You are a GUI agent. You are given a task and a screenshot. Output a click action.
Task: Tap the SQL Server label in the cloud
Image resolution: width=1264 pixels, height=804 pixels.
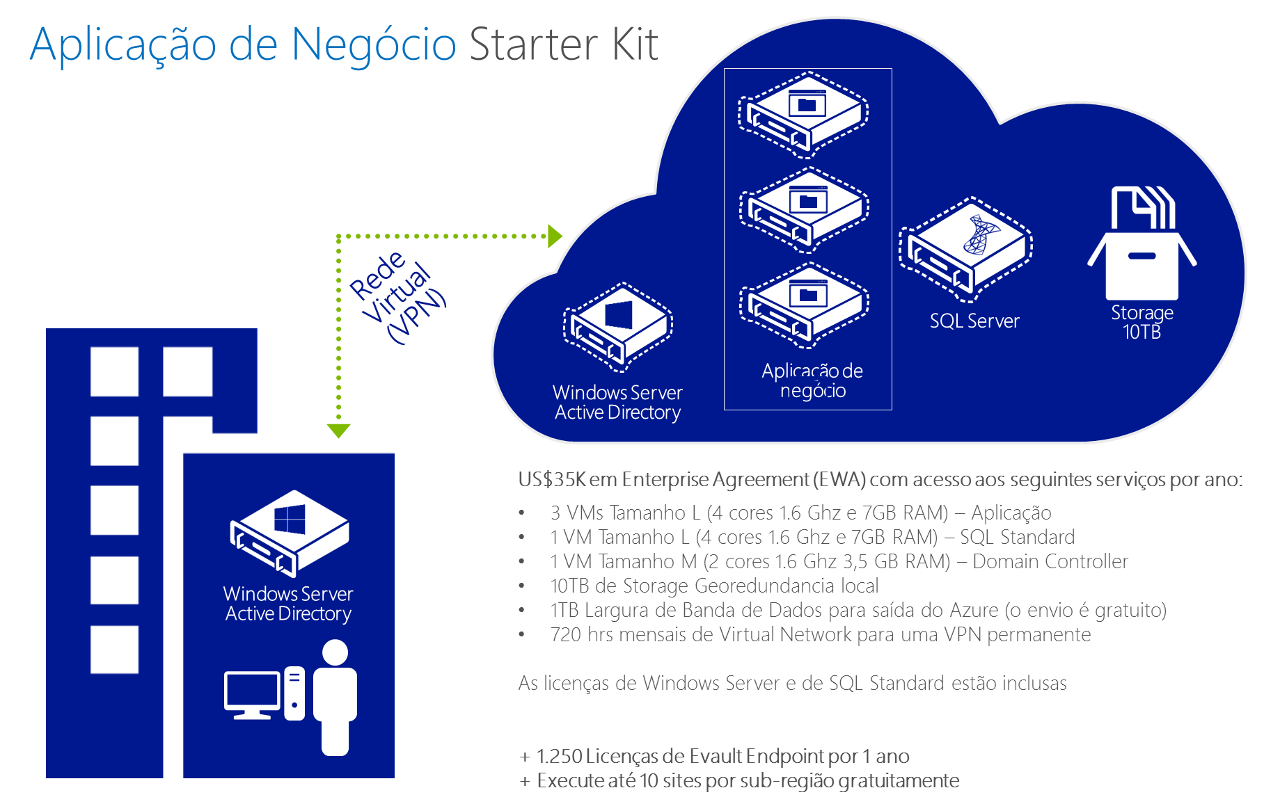[x=974, y=321]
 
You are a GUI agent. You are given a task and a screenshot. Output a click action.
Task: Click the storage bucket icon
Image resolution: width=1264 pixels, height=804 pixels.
[x=1141, y=243]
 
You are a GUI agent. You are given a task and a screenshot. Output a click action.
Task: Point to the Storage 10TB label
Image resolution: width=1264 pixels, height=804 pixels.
[x=1142, y=322]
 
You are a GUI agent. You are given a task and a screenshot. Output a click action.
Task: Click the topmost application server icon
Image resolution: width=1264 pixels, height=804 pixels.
[x=803, y=113]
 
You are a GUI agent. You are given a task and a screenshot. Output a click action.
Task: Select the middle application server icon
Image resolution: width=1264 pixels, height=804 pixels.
[x=803, y=209]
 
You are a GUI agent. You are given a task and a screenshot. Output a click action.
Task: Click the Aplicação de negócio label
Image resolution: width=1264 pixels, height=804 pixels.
[x=812, y=380]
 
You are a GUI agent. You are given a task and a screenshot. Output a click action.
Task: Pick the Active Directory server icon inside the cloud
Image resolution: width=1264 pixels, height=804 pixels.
[x=618, y=327]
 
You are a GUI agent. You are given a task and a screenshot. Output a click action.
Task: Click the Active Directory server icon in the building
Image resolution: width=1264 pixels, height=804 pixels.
[x=290, y=533]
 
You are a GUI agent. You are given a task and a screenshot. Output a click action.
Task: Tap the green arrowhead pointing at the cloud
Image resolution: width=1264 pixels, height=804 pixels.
[x=555, y=236]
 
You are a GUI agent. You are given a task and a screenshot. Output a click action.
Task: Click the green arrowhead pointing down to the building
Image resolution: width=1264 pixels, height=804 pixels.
[x=338, y=431]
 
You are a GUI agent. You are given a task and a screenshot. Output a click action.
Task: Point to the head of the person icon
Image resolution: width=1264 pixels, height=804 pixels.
[x=335, y=652]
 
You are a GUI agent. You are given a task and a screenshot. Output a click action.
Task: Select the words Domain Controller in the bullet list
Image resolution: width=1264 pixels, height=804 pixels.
[x=1050, y=561]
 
